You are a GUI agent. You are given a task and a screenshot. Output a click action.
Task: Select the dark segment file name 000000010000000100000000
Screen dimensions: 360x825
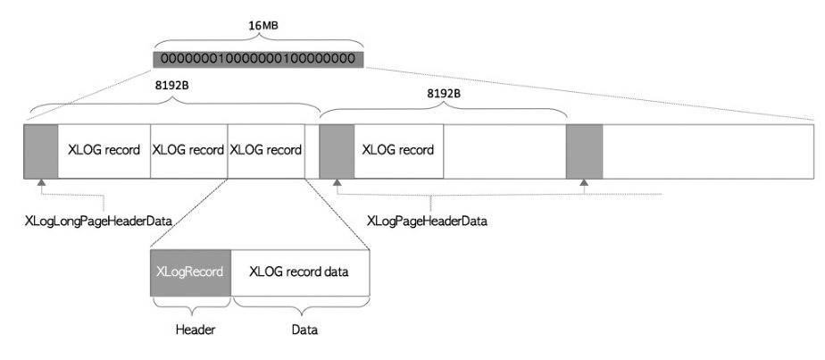[258, 59]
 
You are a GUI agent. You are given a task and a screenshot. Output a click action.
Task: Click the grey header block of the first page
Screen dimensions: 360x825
[41, 150]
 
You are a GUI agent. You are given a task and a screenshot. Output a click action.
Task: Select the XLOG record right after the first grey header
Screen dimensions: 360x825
[104, 150]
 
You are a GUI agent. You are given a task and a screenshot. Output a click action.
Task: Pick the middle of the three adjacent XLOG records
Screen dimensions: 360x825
[188, 150]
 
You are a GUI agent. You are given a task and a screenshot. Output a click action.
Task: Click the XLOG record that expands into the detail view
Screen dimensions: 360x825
[265, 150]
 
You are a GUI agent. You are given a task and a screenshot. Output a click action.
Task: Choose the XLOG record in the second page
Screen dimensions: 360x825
[398, 150]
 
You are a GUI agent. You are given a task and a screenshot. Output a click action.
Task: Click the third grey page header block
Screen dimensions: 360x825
[584, 150]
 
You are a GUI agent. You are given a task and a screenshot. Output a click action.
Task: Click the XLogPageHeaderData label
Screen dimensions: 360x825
[428, 219]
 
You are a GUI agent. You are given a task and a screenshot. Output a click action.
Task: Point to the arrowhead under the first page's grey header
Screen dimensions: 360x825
[41, 183]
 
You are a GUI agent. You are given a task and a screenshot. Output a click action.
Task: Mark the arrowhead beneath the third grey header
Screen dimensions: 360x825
[584, 183]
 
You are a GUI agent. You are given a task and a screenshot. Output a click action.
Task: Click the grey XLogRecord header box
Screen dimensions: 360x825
[190, 272]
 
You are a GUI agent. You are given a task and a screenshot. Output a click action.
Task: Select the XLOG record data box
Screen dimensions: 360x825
[299, 272]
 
